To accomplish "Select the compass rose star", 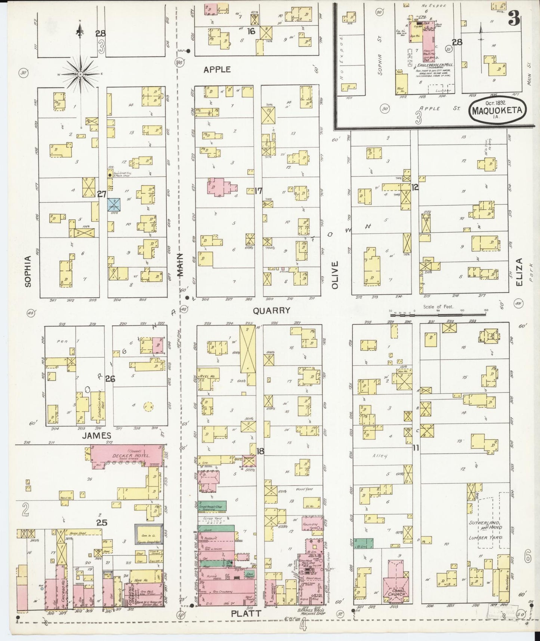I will point(80,74).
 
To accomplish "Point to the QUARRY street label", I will point(271,310).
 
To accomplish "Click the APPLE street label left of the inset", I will point(217,70).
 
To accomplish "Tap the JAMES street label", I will point(97,435).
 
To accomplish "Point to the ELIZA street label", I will point(519,272).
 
